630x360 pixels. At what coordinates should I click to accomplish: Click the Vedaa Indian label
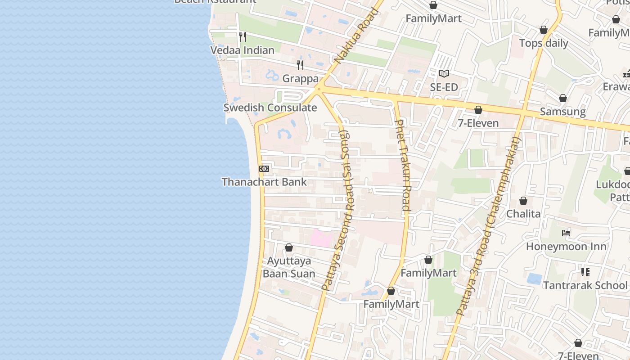[x=242, y=50]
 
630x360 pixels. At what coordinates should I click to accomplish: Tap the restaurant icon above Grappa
[x=300, y=65]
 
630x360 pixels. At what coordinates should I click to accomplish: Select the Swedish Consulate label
[x=270, y=108]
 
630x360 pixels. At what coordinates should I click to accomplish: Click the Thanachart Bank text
[x=264, y=182]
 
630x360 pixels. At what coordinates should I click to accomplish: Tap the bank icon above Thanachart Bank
[x=264, y=169]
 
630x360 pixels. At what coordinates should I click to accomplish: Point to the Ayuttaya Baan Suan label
[x=289, y=267]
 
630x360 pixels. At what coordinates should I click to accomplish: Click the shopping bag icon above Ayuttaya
[x=289, y=248]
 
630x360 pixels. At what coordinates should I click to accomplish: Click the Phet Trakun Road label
[x=402, y=165]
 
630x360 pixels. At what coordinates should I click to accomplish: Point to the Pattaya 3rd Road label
[x=488, y=226]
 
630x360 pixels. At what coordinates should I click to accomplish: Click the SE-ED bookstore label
[x=444, y=87]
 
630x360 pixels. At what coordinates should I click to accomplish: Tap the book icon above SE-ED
[x=444, y=73]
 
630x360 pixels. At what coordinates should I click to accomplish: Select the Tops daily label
[x=544, y=44]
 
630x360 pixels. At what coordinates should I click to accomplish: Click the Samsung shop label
[x=562, y=112]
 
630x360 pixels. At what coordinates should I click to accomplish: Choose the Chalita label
[x=523, y=214]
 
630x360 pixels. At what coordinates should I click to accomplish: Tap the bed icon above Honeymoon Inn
[x=566, y=233]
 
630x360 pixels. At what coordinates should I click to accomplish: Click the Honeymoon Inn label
[x=566, y=247]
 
